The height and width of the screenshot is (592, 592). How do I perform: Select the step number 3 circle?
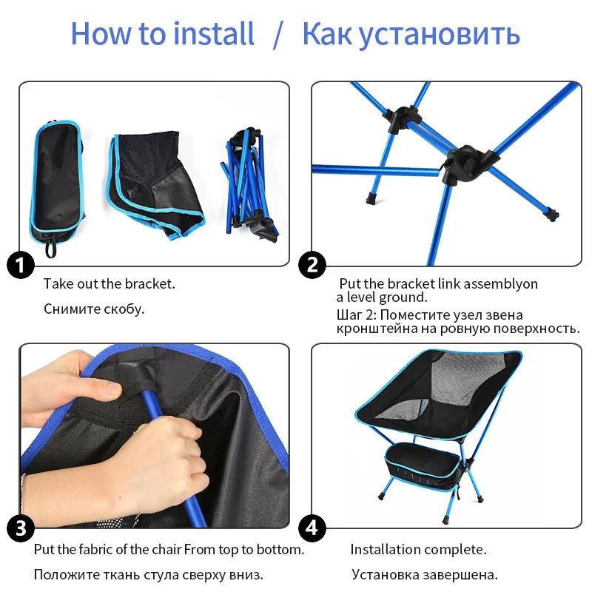coord(21,528)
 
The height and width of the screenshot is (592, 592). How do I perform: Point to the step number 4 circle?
coord(312,528)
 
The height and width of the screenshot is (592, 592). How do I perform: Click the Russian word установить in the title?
coord(442,34)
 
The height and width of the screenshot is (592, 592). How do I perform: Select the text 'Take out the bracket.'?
coord(109,283)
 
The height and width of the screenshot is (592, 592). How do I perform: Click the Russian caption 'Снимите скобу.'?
coord(93,309)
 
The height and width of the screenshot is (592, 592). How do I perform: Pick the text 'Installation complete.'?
coord(418,549)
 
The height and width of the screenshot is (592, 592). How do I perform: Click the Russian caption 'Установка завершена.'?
coord(424,574)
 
